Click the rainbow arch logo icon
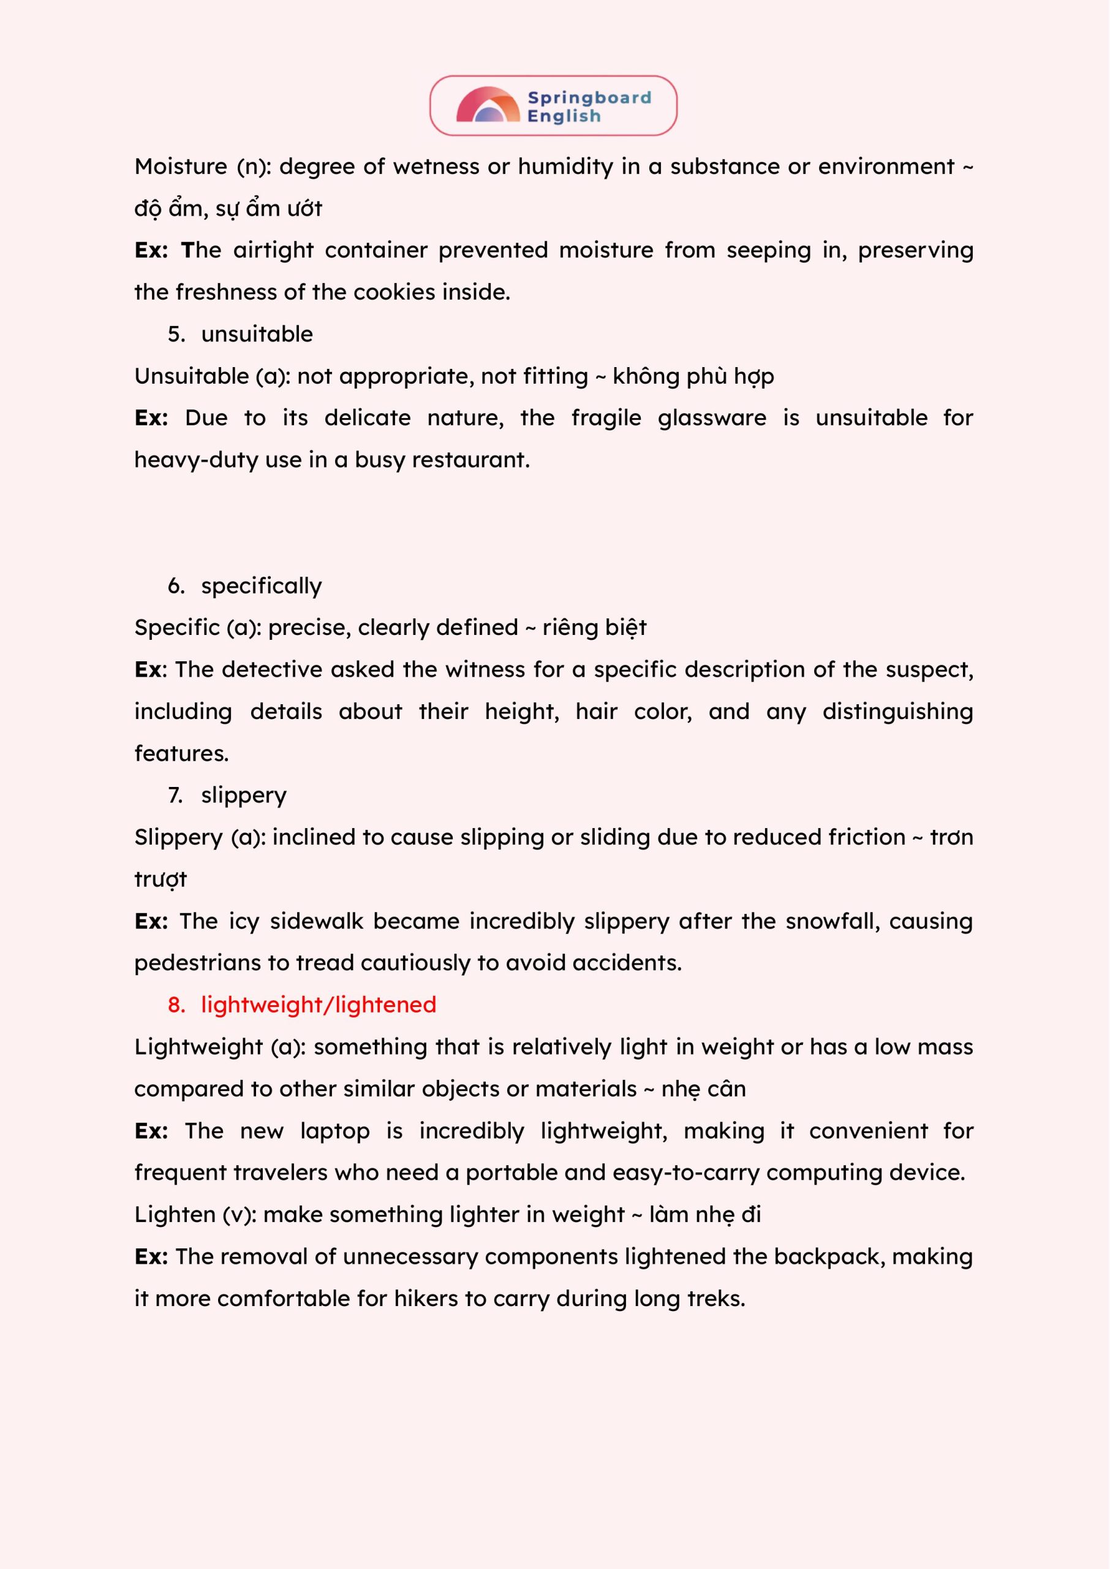click(488, 106)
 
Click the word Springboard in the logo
click(589, 98)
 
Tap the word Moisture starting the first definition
click(181, 167)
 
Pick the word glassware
click(712, 418)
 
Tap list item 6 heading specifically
click(261, 586)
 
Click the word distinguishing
click(897, 712)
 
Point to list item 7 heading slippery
click(243, 795)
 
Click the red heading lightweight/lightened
click(319, 1005)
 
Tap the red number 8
click(176, 1005)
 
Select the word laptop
click(334, 1131)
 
